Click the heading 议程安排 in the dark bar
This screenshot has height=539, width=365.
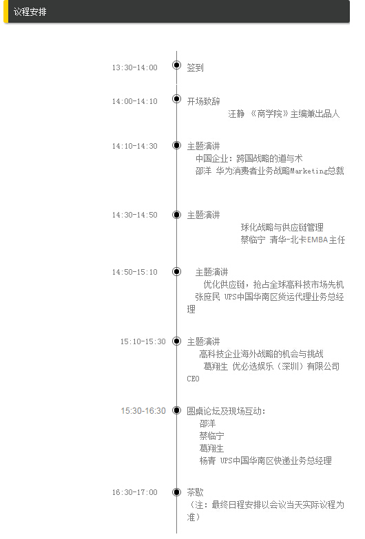30,12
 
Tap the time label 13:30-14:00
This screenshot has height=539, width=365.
134,67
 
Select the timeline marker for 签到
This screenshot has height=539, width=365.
176,65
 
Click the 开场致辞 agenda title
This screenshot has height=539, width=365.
203,101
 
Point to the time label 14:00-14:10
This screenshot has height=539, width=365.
134,101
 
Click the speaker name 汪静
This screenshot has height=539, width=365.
236,114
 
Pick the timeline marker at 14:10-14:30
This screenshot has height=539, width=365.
176,145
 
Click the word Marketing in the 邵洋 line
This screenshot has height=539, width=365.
309,171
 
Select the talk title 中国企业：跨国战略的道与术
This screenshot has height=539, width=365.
249,158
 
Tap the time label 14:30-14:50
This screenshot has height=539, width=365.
134,215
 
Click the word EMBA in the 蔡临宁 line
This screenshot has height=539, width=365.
317,240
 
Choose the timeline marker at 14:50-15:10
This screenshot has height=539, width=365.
176,271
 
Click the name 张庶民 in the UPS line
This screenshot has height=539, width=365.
207,297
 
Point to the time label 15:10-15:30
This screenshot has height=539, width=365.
143,341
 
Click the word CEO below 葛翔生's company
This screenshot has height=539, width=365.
193,379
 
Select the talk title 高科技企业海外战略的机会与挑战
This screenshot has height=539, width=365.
262,354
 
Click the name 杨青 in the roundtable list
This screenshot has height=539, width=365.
207,461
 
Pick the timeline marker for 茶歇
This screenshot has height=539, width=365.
176,492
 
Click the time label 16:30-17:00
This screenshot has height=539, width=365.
134,492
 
